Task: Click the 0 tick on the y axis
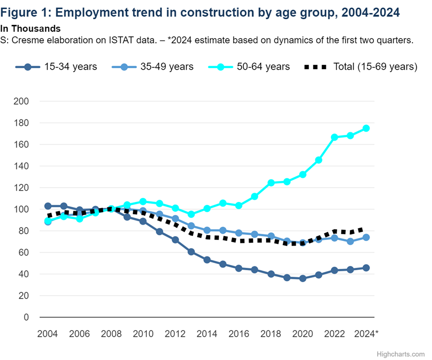pyautogui.click(x=27, y=317)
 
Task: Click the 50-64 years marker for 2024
pyautogui.click(x=366, y=128)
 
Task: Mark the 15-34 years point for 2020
pyautogui.click(x=302, y=278)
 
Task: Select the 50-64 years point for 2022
pyautogui.click(x=335, y=137)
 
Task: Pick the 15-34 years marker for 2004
pyautogui.click(x=48, y=206)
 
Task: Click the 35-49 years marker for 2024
pyautogui.click(x=366, y=237)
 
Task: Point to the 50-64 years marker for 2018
pyautogui.click(x=271, y=183)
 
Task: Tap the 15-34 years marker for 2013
pyautogui.click(x=191, y=252)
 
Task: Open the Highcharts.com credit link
pyautogui.click(x=401, y=354)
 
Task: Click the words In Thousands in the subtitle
pyautogui.click(x=30, y=29)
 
